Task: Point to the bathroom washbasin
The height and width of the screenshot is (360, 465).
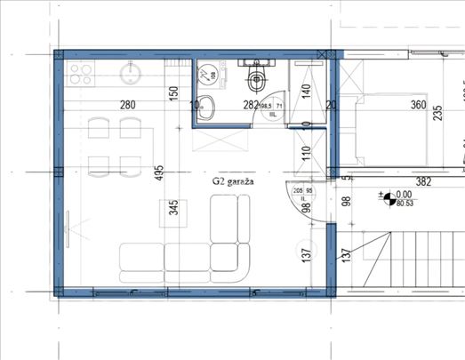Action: point(205,106)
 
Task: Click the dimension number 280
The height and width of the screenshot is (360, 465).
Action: point(127,106)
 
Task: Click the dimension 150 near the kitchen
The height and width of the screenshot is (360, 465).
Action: point(175,92)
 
